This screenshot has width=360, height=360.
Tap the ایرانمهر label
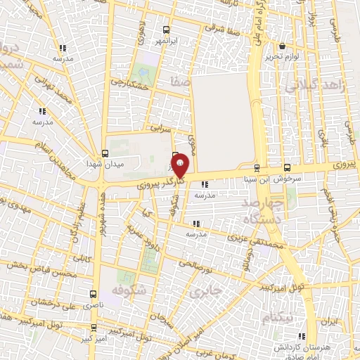pos(167,42)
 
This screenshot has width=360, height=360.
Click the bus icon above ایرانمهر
pos(167,30)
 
